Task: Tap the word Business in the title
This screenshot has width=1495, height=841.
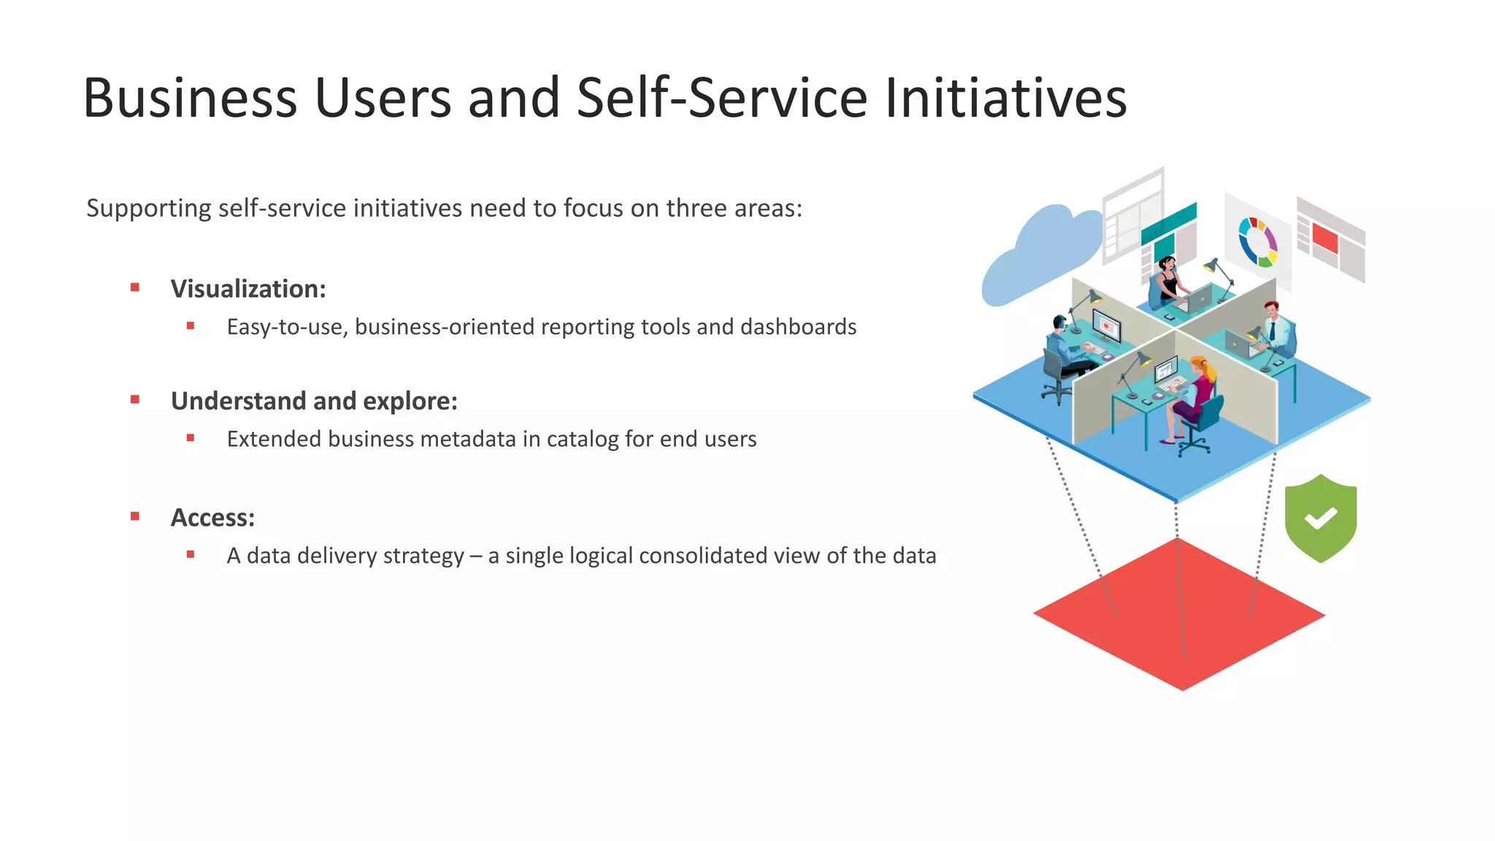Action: pos(190,98)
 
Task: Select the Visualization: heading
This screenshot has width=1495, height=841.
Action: pos(248,289)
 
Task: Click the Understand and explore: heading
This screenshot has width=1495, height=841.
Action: pos(314,402)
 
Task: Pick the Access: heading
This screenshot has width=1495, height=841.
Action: pos(212,518)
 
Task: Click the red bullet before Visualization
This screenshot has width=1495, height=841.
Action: pos(135,288)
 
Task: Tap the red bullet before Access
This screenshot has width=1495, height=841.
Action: pos(135,516)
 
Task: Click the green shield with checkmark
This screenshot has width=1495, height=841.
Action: pos(1321,518)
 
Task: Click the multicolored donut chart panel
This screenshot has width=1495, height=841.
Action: pos(1257,241)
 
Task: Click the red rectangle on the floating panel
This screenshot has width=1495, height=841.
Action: pos(1324,238)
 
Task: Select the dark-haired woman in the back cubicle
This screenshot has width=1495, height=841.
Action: pos(1167,278)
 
